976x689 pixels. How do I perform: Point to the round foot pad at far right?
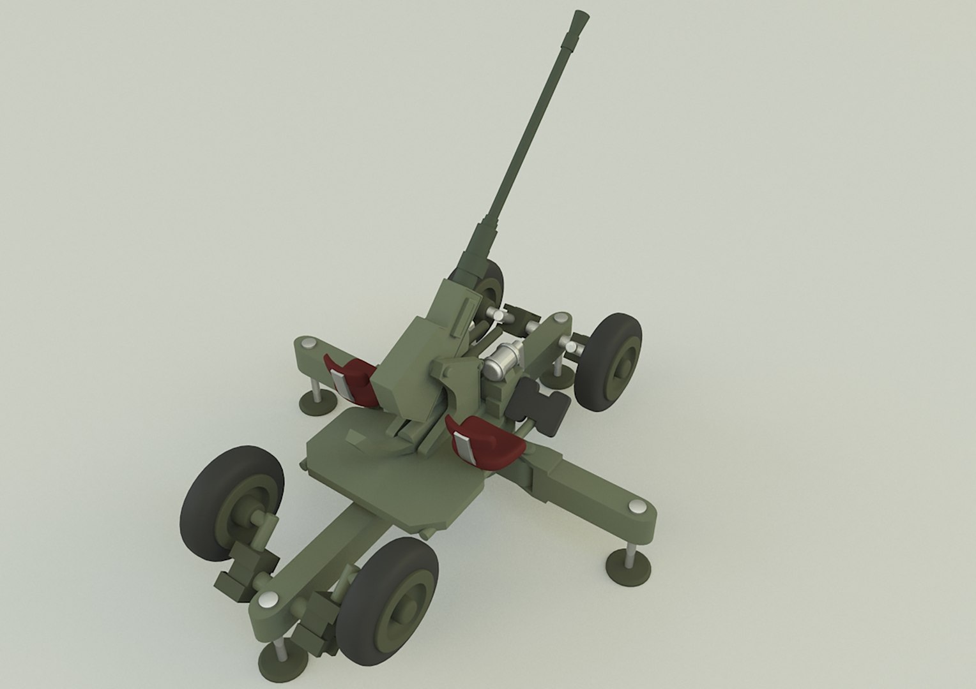pyautogui.click(x=628, y=566)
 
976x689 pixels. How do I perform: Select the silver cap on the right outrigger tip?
pyautogui.click(x=637, y=507)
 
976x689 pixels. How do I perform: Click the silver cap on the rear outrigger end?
pyautogui.click(x=561, y=317)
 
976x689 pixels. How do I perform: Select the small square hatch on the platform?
pyautogui.click(x=352, y=437)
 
